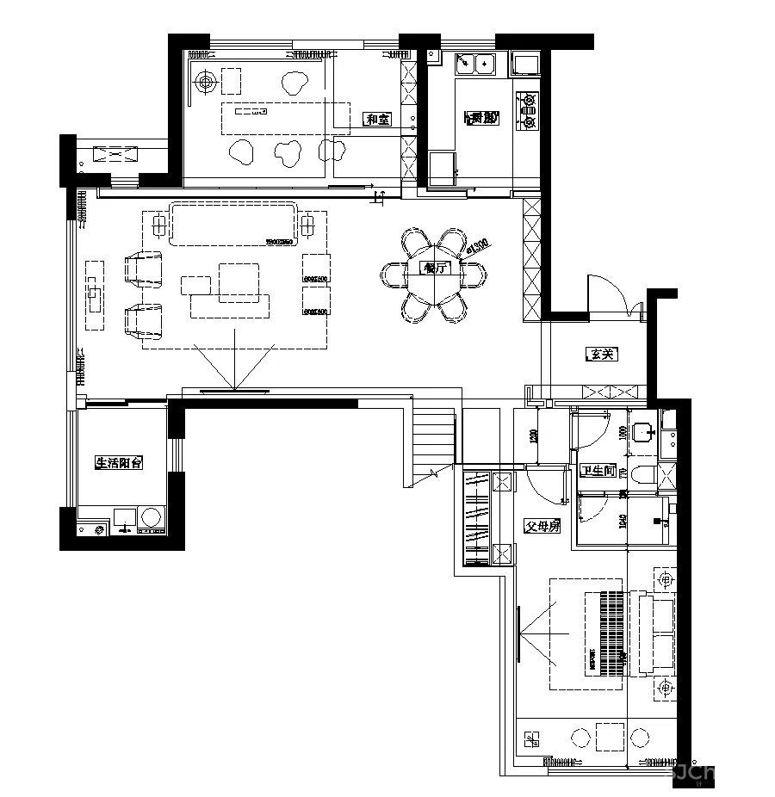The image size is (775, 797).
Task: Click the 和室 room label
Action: coord(377,120)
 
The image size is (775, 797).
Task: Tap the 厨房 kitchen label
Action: coord(481,118)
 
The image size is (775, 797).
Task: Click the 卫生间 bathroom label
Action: coord(598,471)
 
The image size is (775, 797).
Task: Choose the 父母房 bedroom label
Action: coord(542,526)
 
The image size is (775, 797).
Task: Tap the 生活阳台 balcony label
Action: coord(118,463)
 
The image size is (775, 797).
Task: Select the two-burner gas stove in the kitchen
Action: coord(527,112)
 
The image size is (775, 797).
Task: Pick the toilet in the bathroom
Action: coord(642,474)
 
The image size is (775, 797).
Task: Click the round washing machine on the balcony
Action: coord(152,518)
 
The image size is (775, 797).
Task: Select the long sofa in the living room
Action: coord(233,224)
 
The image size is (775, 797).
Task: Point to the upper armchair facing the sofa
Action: coord(144,268)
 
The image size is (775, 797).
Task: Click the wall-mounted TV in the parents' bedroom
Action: coord(519,634)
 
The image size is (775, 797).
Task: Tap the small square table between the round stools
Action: coord(611,737)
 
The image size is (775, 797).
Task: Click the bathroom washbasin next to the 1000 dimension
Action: coord(641,431)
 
